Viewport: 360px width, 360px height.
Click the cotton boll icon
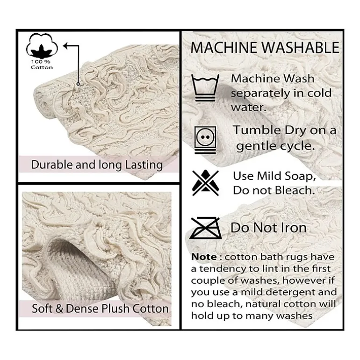[x=42, y=46]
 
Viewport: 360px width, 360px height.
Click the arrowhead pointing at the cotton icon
[x=65, y=46]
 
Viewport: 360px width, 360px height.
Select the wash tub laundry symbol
[x=205, y=88]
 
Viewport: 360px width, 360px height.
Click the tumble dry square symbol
[x=205, y=140]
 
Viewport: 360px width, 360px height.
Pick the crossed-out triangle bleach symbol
[x=205, y=183]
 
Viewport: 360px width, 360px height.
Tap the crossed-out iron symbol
[x=205, y=228]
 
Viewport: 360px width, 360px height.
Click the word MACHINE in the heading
[x=223, y=48]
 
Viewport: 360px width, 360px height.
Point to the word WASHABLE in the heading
[x=301, y=48]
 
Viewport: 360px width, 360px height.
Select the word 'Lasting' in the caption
[x=144, y=165]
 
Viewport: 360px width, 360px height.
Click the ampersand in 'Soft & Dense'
[x=59, y=309]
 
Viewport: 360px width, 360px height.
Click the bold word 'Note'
[x=204, y=257]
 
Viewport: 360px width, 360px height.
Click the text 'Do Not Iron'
[x=269, y=228]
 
